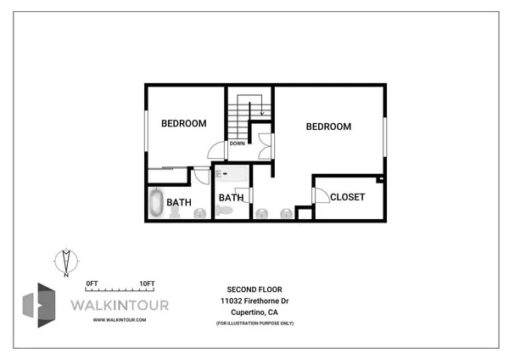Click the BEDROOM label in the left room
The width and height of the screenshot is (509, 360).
pyautogui.click(x=184, y=123)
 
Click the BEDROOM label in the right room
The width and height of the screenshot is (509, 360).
pyautogui.click(x=328, y=127)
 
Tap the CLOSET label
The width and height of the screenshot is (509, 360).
pyautogui.click(x=347, y=197)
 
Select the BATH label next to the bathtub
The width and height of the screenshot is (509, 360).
pyautogui.click(x=178, y=202)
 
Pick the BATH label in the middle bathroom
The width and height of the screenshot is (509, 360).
pyautogui.click(x=231, y=198)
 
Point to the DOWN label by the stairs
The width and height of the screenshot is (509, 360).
pyautogui.click(x=237, y=143)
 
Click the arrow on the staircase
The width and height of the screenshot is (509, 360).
pyautogui.click(x=262, y=109)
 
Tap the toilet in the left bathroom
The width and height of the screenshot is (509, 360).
pyautogui.click(x=176, y=214)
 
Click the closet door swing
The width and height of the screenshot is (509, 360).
pyautogui.click(x=322, y=195)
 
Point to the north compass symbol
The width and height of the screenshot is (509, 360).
pyautogui.click(x=65, y=262)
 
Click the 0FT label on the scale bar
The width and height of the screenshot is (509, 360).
pyautogui.click(x=92, y=283)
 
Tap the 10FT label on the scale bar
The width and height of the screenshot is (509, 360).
pyautogui.click(x=147, y=283)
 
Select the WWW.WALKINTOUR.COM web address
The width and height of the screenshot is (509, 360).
pyautogui.click(x=120, y=320)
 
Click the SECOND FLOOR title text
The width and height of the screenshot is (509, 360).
pyautogui.click(x=254, y=289)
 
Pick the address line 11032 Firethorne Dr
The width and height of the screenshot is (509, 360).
pyautogui.click(x=255, y=301)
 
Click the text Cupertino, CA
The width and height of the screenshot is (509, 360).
pyautogui.click(x=255, y=312)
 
